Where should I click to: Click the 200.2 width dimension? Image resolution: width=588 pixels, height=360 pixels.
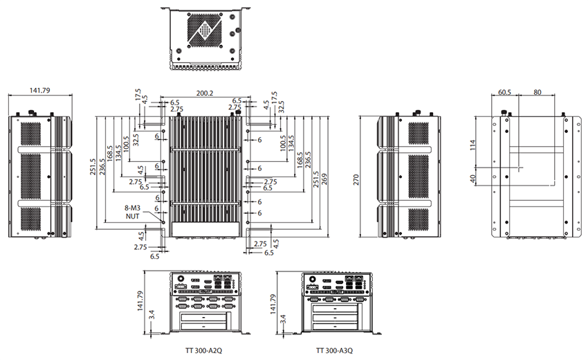coord(204,92)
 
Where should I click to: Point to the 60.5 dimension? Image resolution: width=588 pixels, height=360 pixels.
coord(505,91)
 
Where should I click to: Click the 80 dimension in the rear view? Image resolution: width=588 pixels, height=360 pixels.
coord(538,91)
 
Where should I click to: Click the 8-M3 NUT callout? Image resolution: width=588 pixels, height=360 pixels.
coord(132,211)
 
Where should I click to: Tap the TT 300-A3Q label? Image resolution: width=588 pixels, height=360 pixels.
coord(336,350)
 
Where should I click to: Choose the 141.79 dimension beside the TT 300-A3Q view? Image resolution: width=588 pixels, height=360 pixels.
coord(271,301)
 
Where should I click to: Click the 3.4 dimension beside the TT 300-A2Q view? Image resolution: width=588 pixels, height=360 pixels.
coord(151,319)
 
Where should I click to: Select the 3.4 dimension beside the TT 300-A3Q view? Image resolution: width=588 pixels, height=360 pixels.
coord(282,319)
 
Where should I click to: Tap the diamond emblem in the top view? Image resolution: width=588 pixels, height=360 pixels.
coord(205,30)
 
